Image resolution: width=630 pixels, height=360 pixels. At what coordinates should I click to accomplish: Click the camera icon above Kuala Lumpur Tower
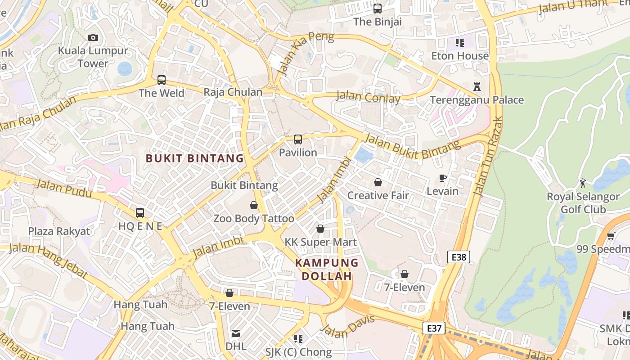93,38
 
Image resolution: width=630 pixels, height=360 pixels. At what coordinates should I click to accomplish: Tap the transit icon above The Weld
162,81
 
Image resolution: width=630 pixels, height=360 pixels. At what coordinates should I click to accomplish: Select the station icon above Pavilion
298,139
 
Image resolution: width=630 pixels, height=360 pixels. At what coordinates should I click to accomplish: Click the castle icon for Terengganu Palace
477,86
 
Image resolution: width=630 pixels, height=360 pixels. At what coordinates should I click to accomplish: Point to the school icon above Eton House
459,43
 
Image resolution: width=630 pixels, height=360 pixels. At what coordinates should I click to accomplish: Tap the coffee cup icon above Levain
443,178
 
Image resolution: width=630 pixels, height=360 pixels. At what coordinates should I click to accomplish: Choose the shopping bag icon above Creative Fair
378,182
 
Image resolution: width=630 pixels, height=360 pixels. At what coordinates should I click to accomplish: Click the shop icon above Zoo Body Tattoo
254,205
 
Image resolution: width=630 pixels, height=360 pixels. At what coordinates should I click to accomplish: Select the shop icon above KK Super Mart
320,229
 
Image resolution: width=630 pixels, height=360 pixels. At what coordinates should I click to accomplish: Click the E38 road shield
459,257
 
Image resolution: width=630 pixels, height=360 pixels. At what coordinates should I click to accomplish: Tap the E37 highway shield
434,328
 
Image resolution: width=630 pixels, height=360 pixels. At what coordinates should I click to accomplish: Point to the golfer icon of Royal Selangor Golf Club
583,183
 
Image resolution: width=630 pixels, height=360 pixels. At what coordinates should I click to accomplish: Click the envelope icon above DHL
236,333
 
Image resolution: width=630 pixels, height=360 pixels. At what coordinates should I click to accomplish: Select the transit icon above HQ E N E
140,213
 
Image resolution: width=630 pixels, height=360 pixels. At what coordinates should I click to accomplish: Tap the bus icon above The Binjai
378,9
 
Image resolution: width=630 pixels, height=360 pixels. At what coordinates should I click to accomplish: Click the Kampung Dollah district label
327,269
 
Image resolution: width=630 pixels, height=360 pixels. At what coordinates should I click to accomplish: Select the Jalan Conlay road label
368,97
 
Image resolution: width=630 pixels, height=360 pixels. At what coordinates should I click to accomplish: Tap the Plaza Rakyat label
59,231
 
